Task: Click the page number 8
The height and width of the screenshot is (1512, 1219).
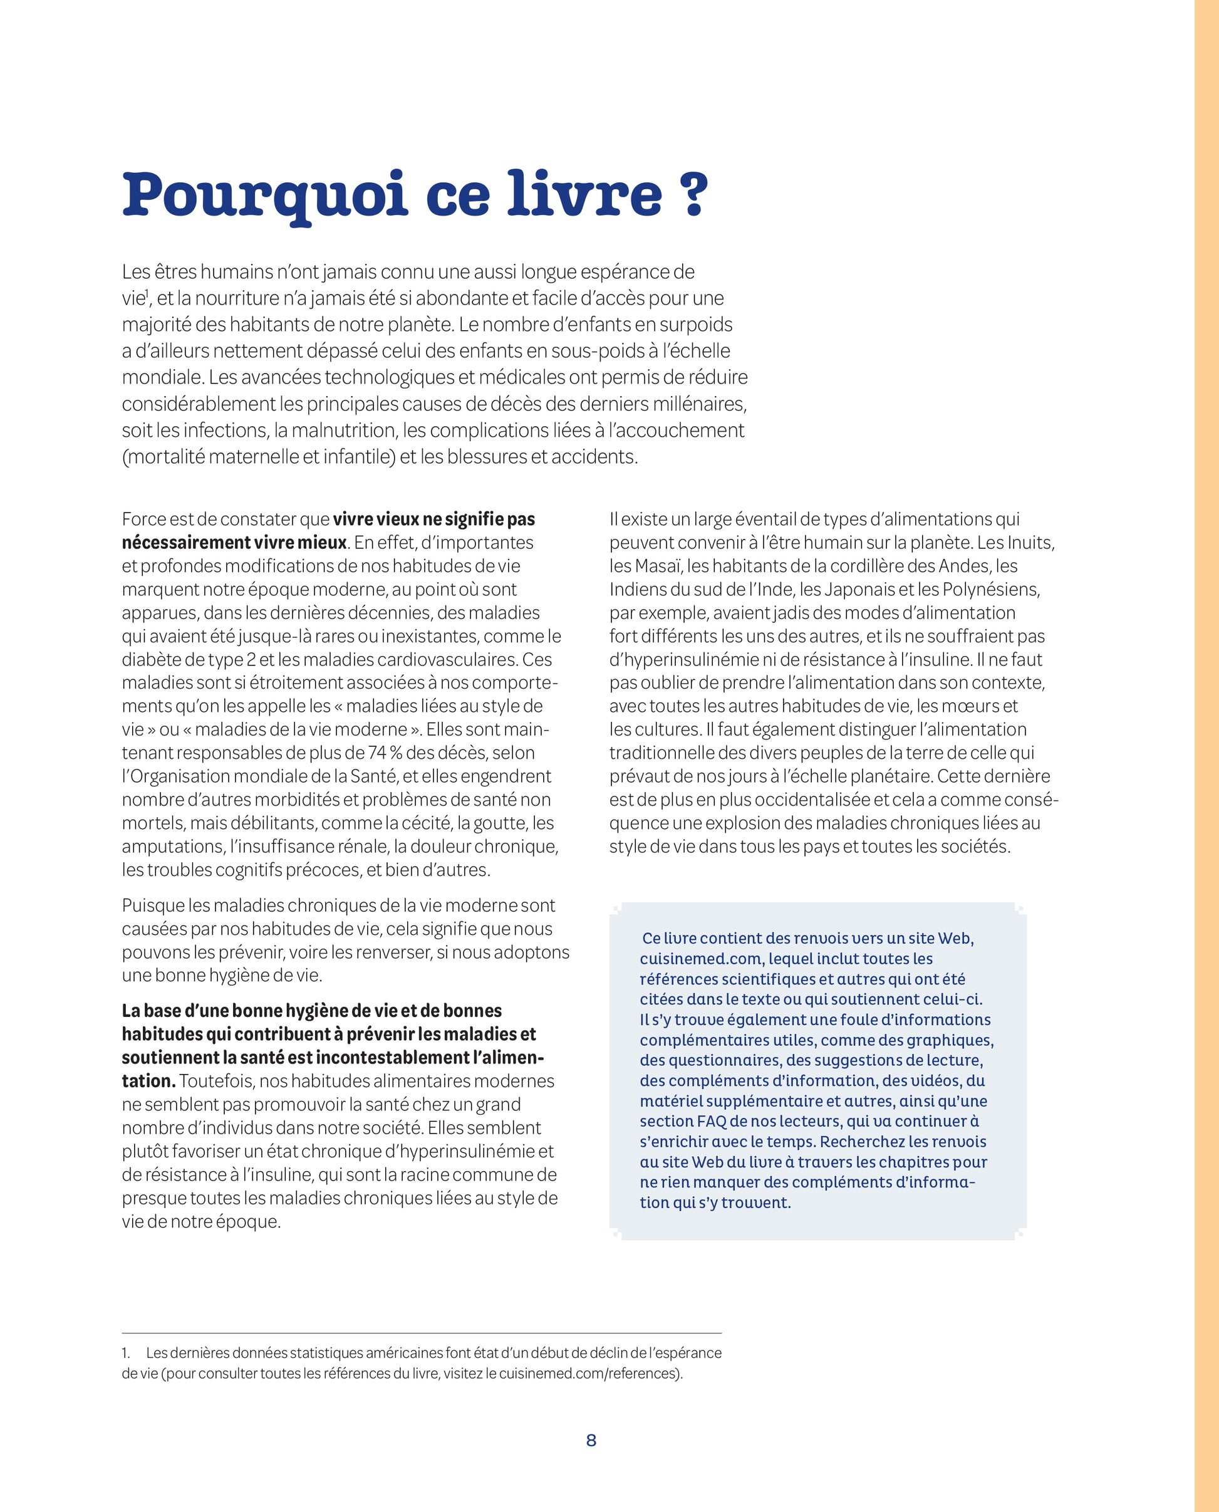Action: click(591, 1441)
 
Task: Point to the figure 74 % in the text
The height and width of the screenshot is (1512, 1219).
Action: click(385, 753)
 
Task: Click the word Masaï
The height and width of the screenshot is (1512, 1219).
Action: click(658, 566)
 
